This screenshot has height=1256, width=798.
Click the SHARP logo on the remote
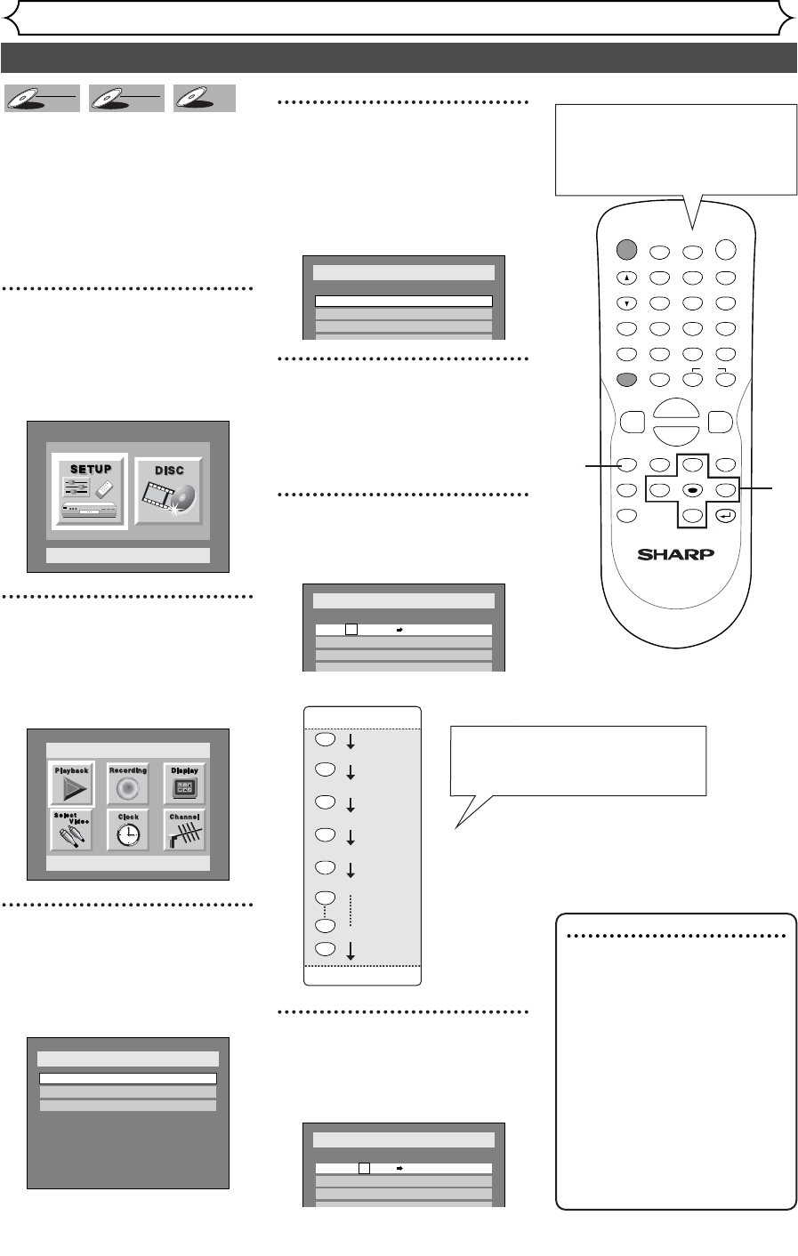click(675, 553)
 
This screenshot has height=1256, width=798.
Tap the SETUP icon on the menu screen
click(90, 491)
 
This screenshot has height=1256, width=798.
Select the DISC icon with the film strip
click(168, 491)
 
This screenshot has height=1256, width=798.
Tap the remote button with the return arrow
click(726, 515)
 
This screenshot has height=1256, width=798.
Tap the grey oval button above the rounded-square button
click(626, 380)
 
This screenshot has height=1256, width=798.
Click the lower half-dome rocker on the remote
click(675, 436)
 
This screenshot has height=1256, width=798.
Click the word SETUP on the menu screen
click(90, 469)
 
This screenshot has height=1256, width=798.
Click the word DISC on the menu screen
click(168, 471)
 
